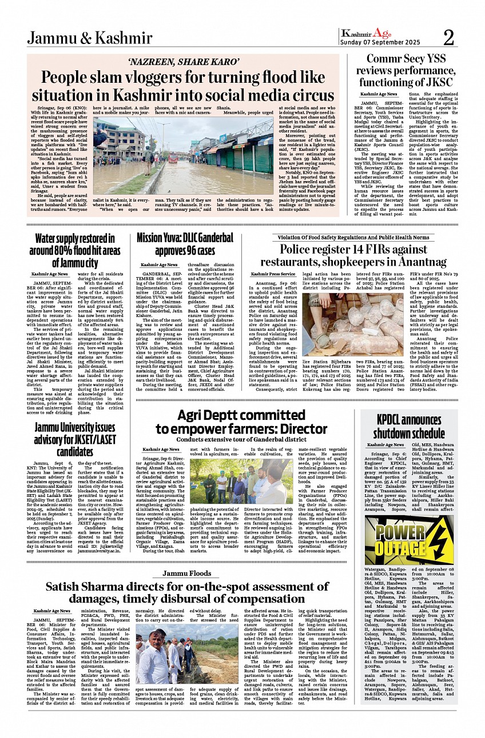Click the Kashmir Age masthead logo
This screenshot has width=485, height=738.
click(366, 33)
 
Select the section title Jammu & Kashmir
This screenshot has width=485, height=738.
click(89, 38)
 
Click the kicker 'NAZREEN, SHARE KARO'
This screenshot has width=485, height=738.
click(182, 62)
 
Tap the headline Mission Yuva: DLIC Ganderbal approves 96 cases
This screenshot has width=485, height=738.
click(185, 244)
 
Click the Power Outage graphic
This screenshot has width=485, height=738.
click(409, 540)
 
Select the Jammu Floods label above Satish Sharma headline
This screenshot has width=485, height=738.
click(186, 573)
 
